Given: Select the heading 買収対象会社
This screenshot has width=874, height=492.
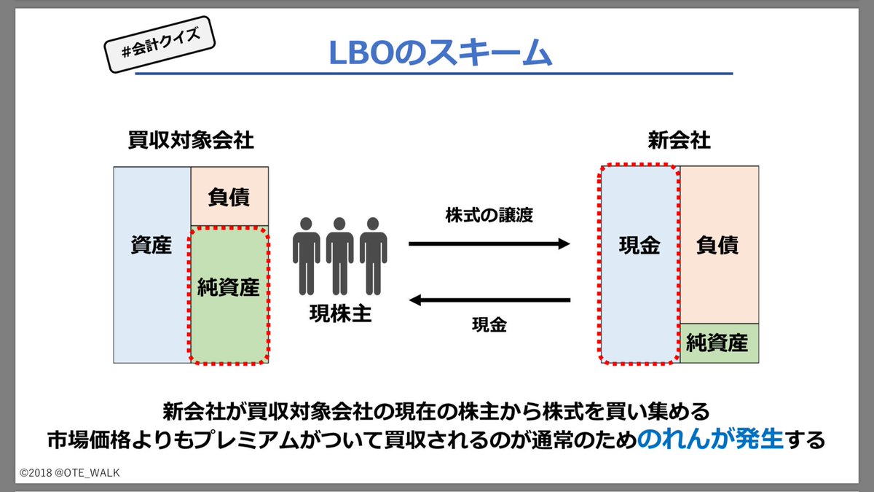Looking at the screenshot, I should (190, 141).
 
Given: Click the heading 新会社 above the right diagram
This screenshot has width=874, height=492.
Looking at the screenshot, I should (680, 141).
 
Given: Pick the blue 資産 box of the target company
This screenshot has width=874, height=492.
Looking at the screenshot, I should (151, 264).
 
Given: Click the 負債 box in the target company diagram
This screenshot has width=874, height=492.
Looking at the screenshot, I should (229, 197).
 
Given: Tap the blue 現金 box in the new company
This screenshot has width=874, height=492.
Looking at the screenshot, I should (639, 264).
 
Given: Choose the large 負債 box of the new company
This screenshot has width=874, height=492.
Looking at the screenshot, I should (719, 245).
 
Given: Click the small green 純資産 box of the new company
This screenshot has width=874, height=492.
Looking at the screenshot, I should (719, 343).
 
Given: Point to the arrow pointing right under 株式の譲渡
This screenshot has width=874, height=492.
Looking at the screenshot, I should (489, 244).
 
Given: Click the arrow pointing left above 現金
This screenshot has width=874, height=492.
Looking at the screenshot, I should (489, 299).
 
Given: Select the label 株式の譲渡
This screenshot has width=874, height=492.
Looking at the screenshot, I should (489, 216).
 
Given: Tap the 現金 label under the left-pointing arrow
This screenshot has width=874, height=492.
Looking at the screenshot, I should (489, 326).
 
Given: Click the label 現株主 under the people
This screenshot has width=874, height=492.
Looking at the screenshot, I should (339, 315).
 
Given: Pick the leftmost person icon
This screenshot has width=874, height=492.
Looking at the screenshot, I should (306, 254).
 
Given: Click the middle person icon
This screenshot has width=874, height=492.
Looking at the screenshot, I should (339, 254).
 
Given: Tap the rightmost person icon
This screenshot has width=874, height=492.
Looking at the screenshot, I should (373, 254).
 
